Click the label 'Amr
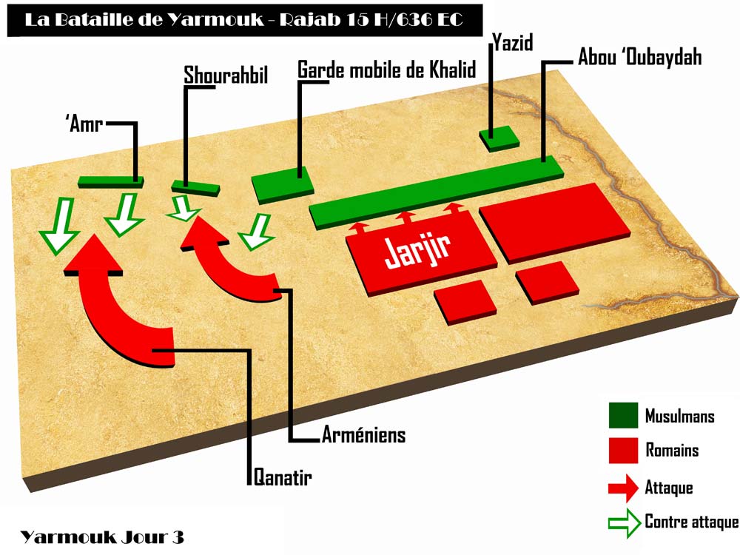tap(83, 124)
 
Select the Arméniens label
tap(363, 435)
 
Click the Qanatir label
tap(282, 478)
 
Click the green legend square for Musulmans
tap(623, 417)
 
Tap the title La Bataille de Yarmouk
tap(244, 20)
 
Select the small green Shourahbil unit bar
tap(196, 187)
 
